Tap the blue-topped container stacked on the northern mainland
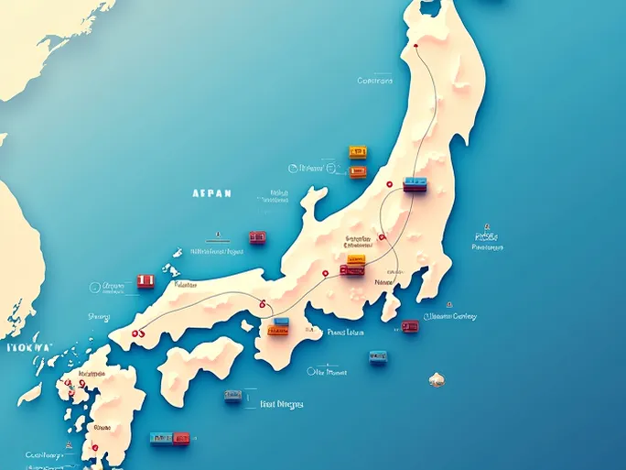click(x=415, y=183)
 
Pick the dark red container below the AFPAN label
click(x=258, y=237)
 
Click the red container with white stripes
click(x=146, y=281)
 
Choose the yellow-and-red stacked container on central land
click(x=353, y=265)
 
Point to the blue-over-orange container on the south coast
click(x=277, y=325)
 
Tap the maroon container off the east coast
click(x=410, y=325)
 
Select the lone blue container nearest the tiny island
click(x=378, y=357)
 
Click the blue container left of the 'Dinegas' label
click(x=234, y=396)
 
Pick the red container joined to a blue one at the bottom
click(x=181, y=438)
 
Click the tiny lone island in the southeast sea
click(x=437, y=377)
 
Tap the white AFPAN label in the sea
click(x=212, y=193)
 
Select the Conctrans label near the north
click(x=374, y=81)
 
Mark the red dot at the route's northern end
click(x=416, y=43)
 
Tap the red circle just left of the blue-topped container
click(x=389, y=184)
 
